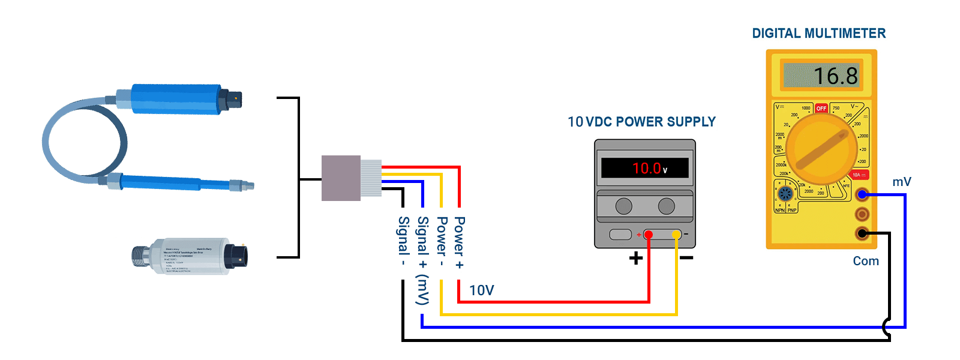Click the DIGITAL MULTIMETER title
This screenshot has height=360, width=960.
point(818,34)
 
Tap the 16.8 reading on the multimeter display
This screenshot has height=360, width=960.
point(835,76)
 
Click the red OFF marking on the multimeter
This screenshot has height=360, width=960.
point(821,109)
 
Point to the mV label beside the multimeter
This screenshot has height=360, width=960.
point(901,182)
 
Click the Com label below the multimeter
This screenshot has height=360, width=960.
point(866,261)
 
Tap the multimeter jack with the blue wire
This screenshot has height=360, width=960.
point(862,194)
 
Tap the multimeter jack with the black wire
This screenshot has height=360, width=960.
point(862,233)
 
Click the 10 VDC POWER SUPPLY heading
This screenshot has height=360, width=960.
point(641,122)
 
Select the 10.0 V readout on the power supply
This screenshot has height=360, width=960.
point(648,169)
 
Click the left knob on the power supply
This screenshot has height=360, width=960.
point(623,206)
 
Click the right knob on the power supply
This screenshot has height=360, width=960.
point(666,206)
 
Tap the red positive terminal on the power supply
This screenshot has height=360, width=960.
point(648,235)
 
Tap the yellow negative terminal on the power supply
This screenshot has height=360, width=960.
point(676,235)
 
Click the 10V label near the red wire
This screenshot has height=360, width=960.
point(481,290)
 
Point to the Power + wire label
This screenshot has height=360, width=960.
point(459,242)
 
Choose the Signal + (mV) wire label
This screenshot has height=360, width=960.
point(422,260)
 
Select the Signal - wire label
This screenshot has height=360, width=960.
point(404,241)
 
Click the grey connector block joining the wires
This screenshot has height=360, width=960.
point(341,178)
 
